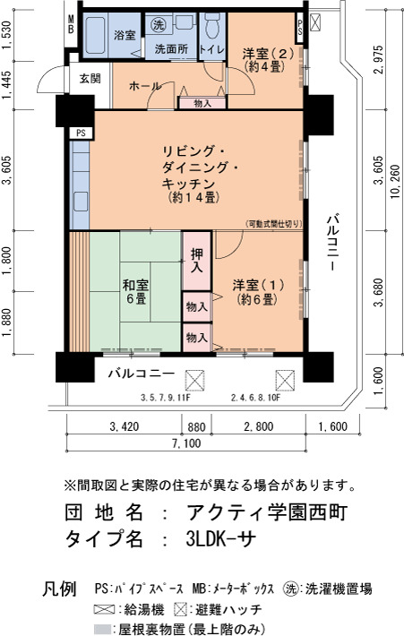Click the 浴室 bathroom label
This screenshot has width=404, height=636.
click(x=125, y=35)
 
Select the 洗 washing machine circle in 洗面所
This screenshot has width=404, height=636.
click(x=159, y=25)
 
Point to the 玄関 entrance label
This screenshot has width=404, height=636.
click(x=90, y=78)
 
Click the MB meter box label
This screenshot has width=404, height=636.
click(x=71, y=24)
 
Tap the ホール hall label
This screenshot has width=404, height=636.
click(x=145, y=86)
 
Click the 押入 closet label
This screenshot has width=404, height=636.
click(x=197, y=261)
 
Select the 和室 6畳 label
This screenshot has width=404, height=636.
click(x=135, y=292)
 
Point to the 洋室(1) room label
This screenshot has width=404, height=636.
click(x=258, y=292)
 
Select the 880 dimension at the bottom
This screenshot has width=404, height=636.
click(x=196, y=426)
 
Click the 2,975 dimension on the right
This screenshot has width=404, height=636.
click(x=378, y=60)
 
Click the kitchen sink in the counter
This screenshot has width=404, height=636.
click(x=81, y=202)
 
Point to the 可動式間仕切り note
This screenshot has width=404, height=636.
click(x=273, y=223)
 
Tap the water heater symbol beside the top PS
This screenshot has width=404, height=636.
click(x=315, y=21)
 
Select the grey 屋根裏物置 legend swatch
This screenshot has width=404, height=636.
click(x=102, y=629)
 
